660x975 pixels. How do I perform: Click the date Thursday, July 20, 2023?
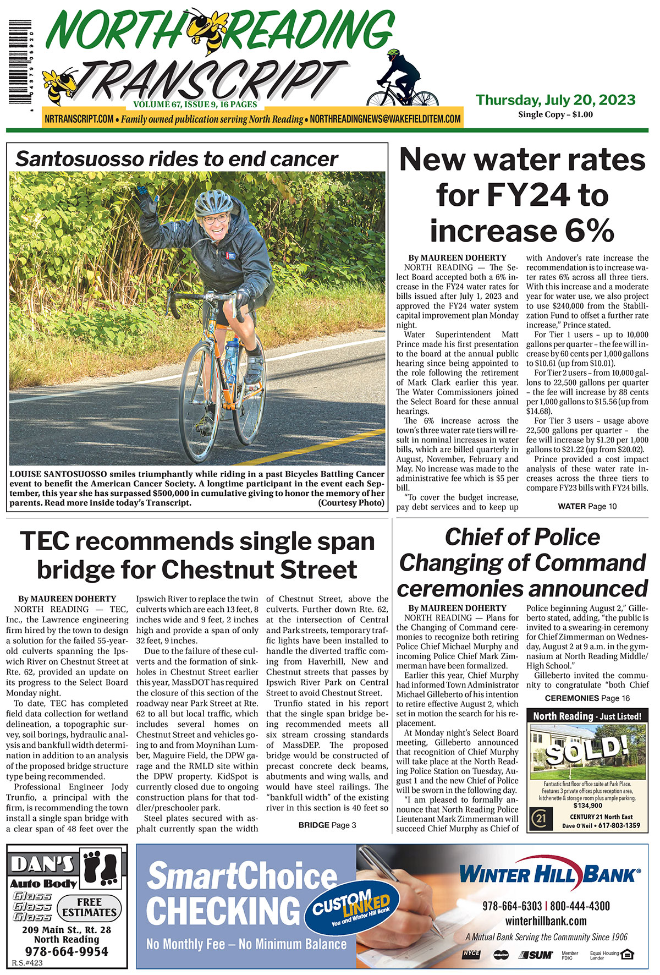pos(555,100)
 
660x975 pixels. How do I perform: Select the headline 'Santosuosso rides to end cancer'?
pos(176,159)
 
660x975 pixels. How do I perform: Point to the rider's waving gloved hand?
pos(146,198)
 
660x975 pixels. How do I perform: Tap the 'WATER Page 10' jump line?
pos(587,506)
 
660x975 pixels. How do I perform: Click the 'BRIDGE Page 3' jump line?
pos(327,825)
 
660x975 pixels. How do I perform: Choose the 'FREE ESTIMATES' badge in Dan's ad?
pos(89,907)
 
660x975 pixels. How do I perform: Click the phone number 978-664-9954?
pos(67,951)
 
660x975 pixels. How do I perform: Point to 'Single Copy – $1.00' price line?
pos(555,114)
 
